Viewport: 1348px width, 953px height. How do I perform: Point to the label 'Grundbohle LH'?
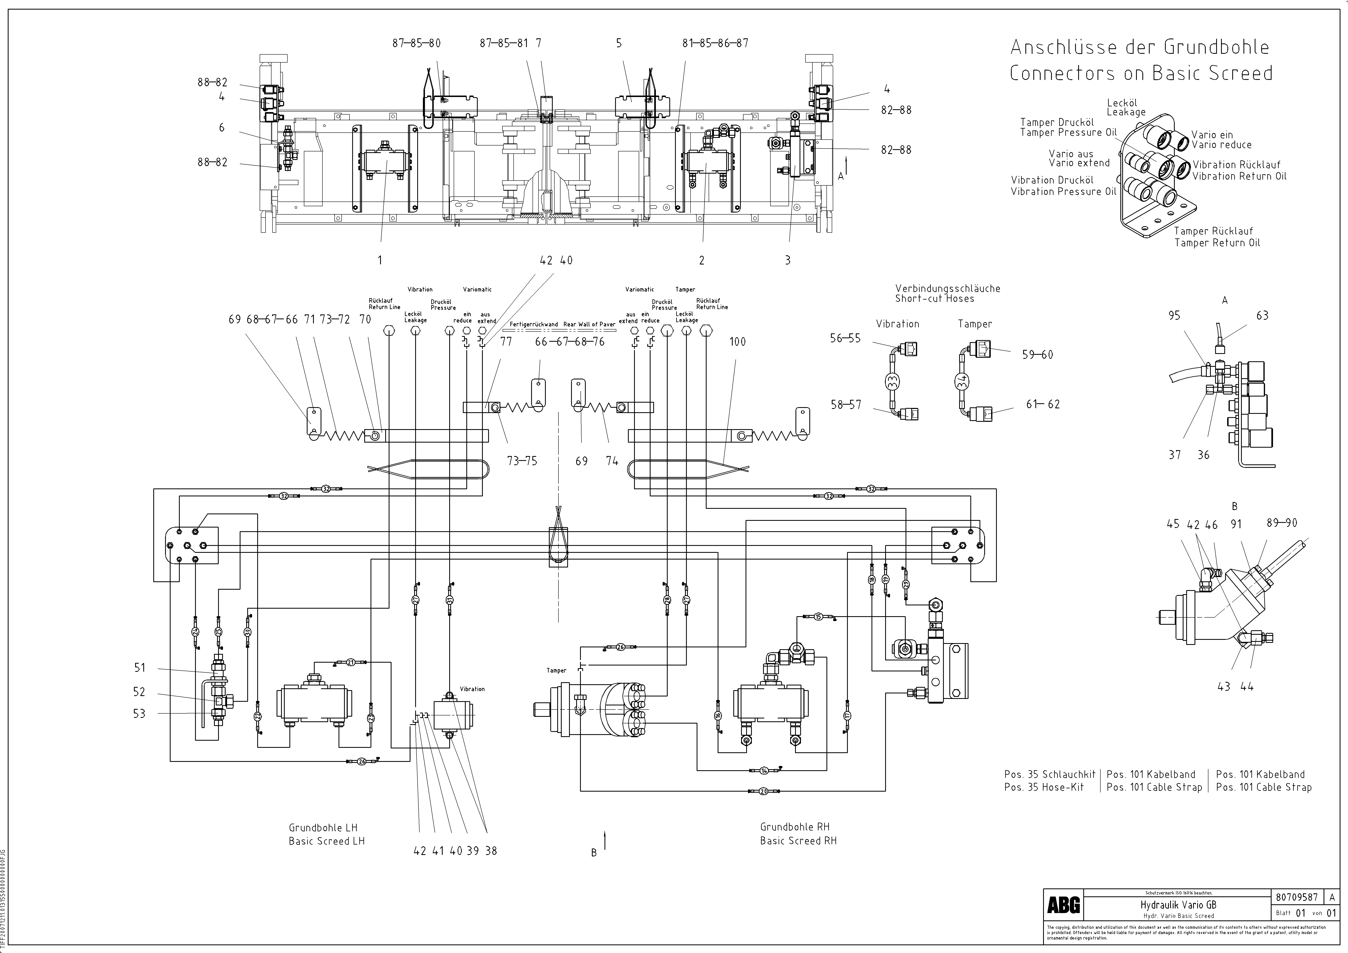[323, 827]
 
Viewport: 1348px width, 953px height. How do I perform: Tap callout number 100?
[737, 342]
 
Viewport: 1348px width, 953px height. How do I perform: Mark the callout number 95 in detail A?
[1174, 316]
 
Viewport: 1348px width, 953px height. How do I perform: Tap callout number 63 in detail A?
[1262, 316]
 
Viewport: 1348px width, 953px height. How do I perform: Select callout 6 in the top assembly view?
[221, 127]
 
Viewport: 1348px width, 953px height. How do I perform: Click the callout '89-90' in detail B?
[1282, 523]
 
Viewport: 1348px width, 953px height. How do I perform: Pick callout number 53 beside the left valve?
[139, 714]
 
